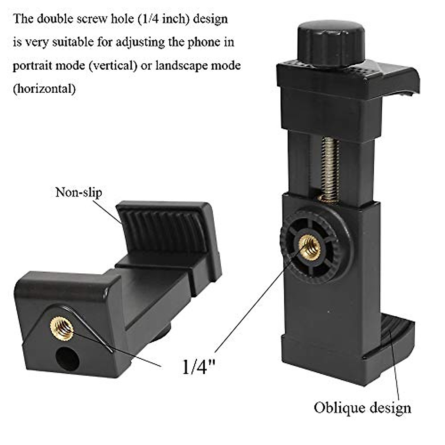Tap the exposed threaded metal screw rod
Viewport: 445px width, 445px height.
pos(330,167)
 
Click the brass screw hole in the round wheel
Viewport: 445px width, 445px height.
pos(310,247)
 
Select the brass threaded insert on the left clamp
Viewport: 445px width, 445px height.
pos(62,328)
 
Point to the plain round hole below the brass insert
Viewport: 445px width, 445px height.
pos(67,359)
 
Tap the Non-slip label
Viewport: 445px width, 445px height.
pos(78,192)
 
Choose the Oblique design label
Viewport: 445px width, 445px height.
pos(362,408)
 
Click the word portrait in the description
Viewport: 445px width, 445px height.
pos(32,66)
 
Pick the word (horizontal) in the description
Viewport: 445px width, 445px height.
pos(44,89)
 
